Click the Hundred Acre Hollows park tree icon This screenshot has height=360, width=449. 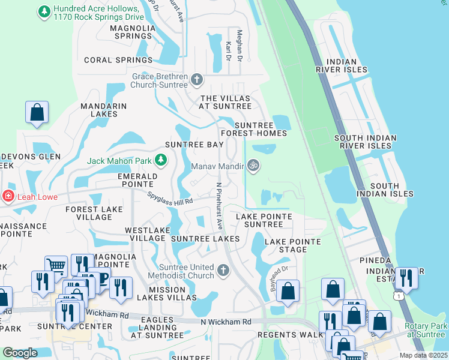[44, 11]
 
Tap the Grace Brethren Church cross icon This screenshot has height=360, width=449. [196, 79]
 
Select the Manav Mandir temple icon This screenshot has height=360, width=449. [253, 165]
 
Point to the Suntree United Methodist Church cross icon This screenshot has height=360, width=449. [223, 271]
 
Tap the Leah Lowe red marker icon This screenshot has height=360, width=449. [8, 195]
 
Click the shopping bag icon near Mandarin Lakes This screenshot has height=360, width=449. [37, 112]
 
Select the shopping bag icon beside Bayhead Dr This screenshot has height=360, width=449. [288, 292]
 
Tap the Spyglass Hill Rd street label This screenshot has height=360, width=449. [170, 197]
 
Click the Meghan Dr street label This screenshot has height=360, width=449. [239, 46]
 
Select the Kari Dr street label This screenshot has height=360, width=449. [228, 51]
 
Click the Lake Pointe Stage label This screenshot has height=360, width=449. [293, 245]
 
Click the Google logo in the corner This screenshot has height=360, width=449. [20, 353]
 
